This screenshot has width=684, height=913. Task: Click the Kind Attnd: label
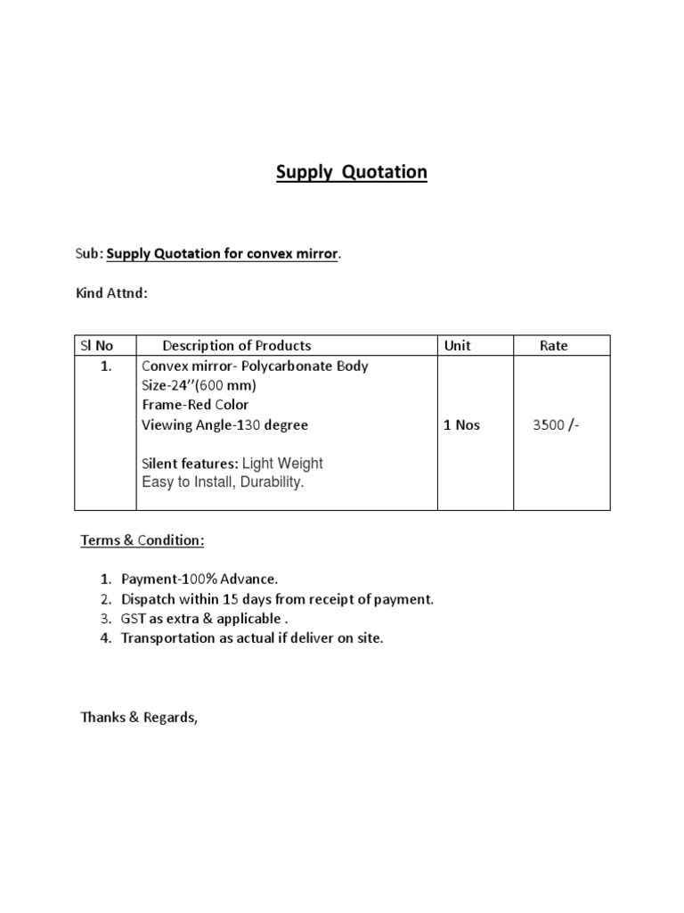tap(111, 292)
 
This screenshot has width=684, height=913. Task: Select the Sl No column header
tap(98, 345)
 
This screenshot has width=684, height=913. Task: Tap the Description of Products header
tap(237, 345)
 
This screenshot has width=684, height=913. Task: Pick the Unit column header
tap(457, 345)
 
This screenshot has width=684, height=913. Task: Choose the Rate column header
tap(553, 345)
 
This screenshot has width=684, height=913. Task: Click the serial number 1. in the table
tap(106, 366)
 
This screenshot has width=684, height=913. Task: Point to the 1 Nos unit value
tap(461, 425)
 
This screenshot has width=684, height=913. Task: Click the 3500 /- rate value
tap(555, 425)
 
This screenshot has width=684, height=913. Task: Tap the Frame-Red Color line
tap(195, 405)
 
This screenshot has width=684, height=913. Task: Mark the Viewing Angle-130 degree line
tap(224, 425)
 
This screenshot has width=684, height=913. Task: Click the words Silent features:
tap(190, 464)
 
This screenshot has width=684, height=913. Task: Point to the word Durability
tap(271, 482)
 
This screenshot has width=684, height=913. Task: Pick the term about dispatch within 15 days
tap(277, 599)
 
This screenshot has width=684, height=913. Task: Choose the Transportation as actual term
tap(252, 638)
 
